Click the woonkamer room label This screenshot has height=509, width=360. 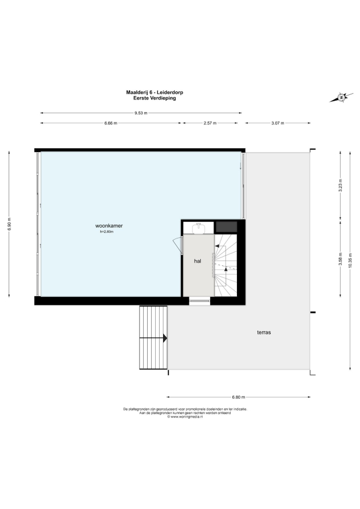(109, 225)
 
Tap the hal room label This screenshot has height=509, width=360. (197, 261)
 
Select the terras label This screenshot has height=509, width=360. (264, 332)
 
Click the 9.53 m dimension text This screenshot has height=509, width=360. (141, 113)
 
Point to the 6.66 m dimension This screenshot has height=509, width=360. (111, 123)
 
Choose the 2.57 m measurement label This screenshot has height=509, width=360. (210, 123)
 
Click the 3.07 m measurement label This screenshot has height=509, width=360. (278, 123)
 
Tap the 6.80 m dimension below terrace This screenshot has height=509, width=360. (239, 397)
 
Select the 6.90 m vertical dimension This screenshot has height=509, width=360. (9, 224)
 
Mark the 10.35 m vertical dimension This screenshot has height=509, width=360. (350, 260)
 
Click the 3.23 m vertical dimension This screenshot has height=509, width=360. (341, 186)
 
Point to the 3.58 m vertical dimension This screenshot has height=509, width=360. (341, 259)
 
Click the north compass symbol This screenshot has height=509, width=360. (341, 97)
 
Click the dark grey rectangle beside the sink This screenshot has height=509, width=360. (227, 227)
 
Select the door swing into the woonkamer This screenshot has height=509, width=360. (176, 245)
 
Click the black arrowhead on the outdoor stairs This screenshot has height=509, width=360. (165, 338)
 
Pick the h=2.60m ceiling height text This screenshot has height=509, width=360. (106, 232)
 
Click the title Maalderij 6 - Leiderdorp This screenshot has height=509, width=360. (155, 92)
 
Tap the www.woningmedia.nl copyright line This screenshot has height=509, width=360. (185, 417)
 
